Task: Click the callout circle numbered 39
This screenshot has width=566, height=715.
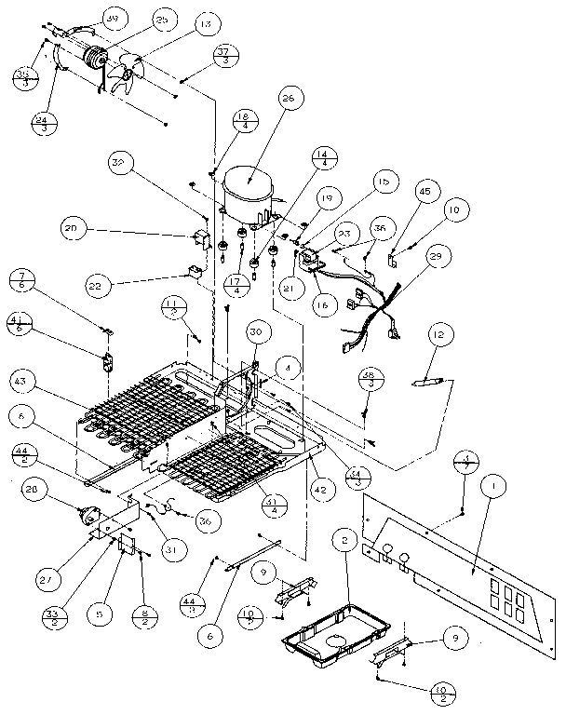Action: pyautogui.click(x=114, y=20)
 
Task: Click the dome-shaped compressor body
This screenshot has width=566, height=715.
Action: pyautogui.click(x=249, y=193)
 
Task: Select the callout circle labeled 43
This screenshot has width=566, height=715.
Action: pyautogui.click(x=23, y=382)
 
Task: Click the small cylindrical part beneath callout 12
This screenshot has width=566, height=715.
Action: pyautogui.click(x=431, y=381)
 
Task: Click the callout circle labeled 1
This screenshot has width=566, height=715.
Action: pyautogui.click(x=492, y=486)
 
